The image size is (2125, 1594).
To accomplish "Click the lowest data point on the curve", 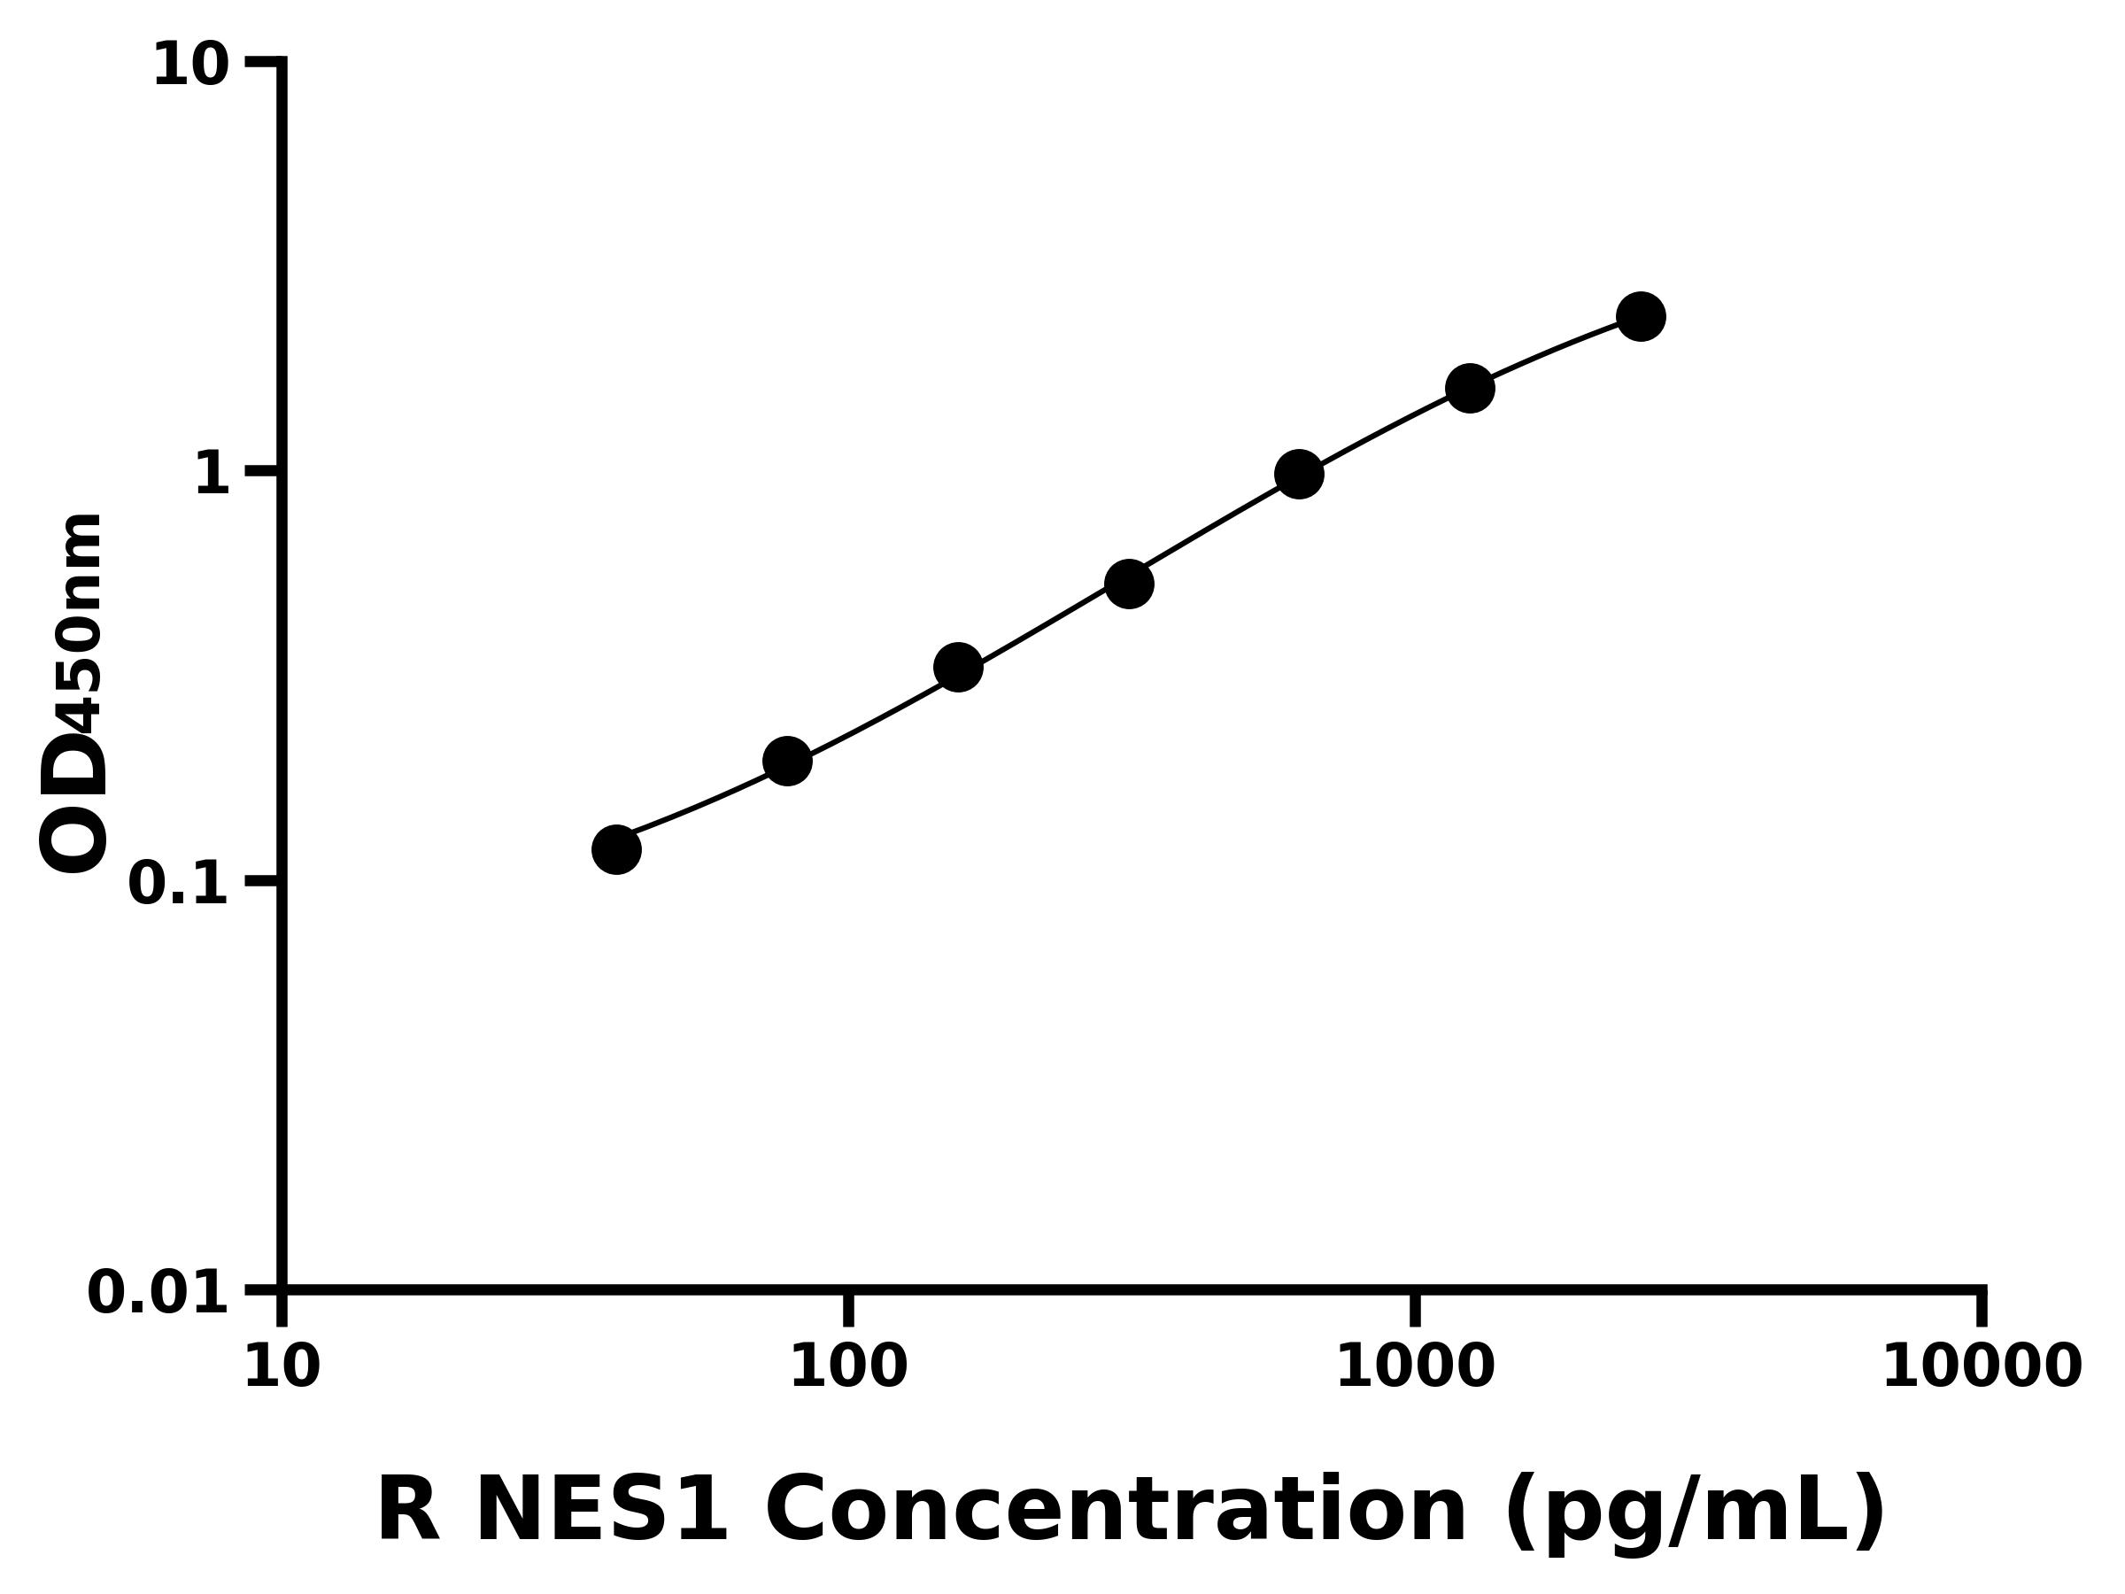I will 615,849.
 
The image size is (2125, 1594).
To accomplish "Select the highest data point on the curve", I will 1641,316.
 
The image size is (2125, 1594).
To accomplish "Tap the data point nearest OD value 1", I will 1299,474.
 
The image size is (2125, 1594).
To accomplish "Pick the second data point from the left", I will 787,761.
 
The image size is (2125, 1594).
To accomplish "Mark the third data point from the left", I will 958,667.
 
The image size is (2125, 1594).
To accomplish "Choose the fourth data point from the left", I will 1129,584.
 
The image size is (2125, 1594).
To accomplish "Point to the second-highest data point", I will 1470,388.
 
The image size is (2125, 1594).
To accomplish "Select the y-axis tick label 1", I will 212,475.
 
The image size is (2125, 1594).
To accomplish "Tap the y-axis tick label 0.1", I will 179,884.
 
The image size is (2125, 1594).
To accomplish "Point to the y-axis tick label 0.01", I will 158,1293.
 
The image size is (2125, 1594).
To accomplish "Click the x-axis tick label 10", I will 282,1368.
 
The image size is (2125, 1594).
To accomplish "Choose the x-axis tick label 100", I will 848,1368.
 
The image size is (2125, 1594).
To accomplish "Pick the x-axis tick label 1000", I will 1415,1368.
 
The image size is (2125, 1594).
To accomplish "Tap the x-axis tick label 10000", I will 1982,1368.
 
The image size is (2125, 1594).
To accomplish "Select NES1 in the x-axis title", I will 601,1512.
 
